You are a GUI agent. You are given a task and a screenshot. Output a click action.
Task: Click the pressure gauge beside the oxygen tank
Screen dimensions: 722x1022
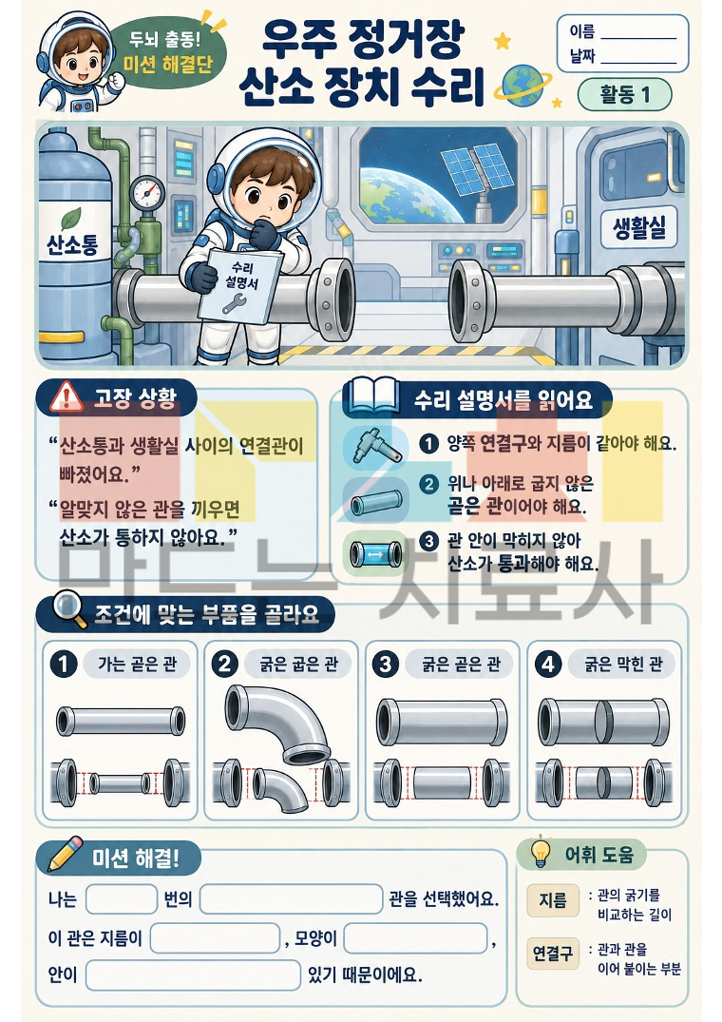tap(148, 193)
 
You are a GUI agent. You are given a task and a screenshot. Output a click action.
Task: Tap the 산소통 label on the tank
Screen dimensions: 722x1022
tap(71, 245)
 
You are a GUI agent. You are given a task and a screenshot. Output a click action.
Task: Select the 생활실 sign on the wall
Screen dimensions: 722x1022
tap(639, 227)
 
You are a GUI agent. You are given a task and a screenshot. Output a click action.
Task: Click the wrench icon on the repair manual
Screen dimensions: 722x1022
tap(235, 302)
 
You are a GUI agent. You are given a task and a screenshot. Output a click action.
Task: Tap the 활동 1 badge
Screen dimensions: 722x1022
tap(624, 95)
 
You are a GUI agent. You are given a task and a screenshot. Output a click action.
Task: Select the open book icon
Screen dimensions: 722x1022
tap(372, 396)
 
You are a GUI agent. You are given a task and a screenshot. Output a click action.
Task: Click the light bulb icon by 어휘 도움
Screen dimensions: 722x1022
tap(541, 852)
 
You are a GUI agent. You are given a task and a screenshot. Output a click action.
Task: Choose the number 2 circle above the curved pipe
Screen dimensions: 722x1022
tap(224, 664)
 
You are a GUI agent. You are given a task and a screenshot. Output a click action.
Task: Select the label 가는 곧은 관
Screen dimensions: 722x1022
tap(137, 665)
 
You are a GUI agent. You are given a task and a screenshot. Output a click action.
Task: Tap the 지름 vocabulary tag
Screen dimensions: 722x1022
tap(553, 900)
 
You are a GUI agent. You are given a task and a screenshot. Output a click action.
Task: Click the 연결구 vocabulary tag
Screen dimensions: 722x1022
tap(553, 954)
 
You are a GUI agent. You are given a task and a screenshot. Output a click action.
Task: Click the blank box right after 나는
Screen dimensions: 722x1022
tap(122, 899)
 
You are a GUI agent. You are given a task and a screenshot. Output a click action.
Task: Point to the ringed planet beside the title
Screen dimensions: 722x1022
tap(522, 85)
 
